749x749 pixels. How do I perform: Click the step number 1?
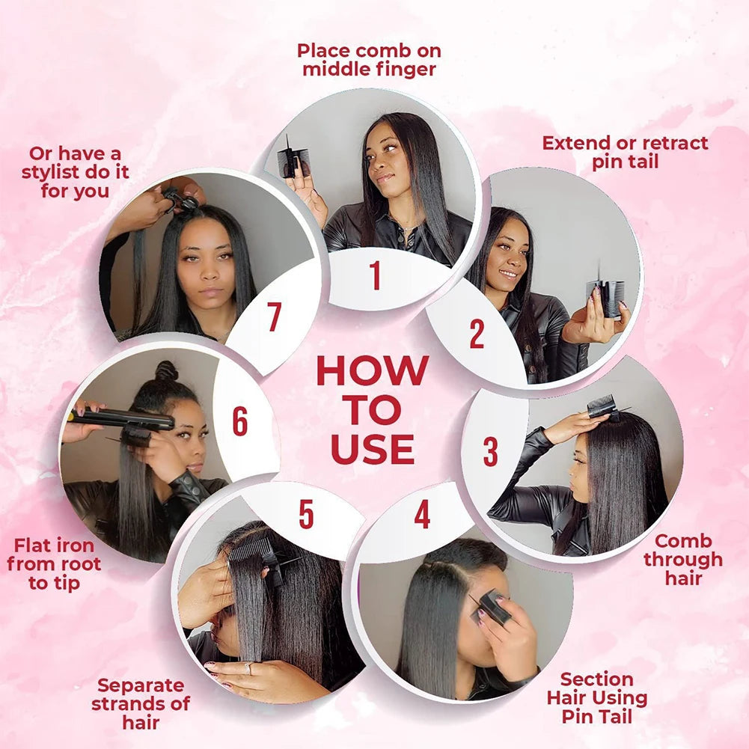pos(376,275)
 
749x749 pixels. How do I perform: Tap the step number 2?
pos(477,334)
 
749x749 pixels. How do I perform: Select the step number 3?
pos(490,451)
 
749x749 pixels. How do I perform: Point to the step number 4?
pos(422,514)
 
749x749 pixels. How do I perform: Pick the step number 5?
pos(306,515)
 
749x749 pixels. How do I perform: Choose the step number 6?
pos(239,421)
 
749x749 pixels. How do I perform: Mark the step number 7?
pos(274,317)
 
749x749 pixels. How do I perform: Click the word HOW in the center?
pos(373,370)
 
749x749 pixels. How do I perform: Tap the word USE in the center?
pos(373,449)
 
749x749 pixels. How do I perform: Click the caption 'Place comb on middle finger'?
pos(369,60)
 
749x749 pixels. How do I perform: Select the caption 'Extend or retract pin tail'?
pos(626,152)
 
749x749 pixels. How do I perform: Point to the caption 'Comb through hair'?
pos(683,560)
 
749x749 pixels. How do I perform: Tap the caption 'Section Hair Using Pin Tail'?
pos(597,697)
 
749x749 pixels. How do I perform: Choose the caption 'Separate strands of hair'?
pos(141,703)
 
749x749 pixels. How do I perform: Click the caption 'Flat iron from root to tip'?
pos(54,564)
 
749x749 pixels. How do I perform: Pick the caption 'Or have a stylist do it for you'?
pos(75,172)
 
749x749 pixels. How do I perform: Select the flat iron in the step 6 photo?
pos(122,419)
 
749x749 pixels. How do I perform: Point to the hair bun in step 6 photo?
pos(166,371)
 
